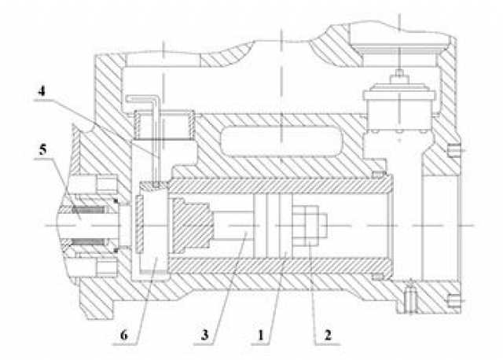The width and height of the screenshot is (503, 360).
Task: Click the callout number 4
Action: (x=42, y=91)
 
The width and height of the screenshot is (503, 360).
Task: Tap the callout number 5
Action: (x=42, y=149)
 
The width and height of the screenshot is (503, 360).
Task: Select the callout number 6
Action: (x=124, y=336)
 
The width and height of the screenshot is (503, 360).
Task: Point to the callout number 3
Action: (x=204, y=335)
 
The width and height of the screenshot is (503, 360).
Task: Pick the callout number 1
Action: (x=261, y=336)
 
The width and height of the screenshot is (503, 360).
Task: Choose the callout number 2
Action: (x=328, y=336)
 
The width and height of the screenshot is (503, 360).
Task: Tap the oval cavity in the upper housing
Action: (x=281, y=141)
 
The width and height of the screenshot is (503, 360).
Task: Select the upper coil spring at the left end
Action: (x=88, y=210)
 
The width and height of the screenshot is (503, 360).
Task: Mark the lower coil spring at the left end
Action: (x=87, y=241)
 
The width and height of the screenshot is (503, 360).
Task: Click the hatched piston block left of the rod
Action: (x=191, y=226)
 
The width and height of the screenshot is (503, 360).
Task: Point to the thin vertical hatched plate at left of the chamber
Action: (x=140, y=226)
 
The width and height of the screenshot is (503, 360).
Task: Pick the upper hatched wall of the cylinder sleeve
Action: (x=279, y=186)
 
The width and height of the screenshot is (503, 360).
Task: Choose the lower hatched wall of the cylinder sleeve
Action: (x=280, y=265)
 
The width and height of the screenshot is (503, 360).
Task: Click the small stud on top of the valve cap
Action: (x=399, y=73)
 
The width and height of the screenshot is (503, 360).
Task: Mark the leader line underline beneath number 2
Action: (x=328, y=344)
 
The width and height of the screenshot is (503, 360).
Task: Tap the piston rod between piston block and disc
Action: (x=233, y=226)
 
